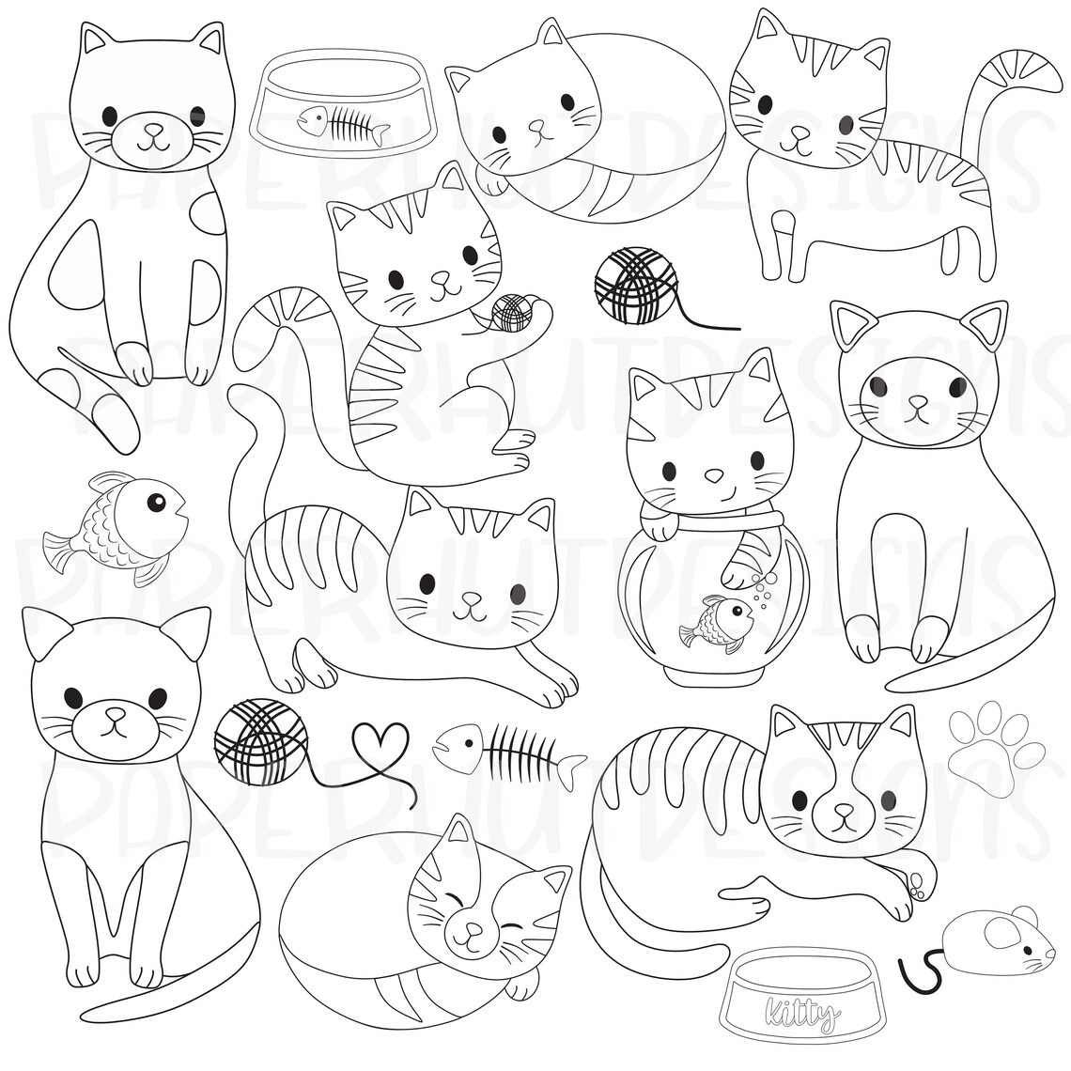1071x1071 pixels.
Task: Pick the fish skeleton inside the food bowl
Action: pyautogui.click(x=343, y=124)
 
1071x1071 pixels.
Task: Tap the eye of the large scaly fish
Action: pyautogui.click(x=154, y=499)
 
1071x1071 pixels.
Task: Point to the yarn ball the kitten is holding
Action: pyautogui.click(x=512, y=312)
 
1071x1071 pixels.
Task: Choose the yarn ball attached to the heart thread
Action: pyautogui.click(x=260, y=741)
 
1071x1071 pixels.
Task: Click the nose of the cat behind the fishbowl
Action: pyautogui.click(x=713, y=475)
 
